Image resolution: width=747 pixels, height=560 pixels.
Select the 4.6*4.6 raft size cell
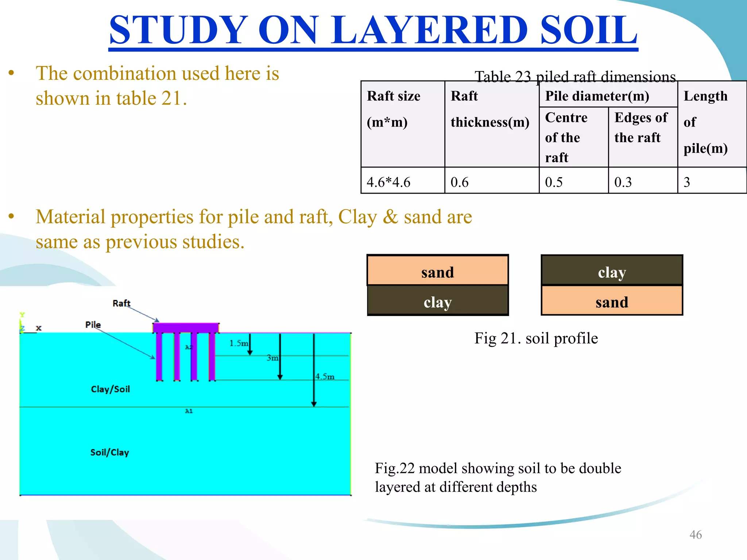coord(388,182)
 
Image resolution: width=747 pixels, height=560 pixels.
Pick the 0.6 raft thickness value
coord(459,182)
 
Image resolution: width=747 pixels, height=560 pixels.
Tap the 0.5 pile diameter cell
coord(554,182)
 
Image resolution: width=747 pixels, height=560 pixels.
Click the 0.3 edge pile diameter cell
coord(623,182)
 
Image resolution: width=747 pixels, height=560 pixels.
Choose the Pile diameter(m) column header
coord(597,96)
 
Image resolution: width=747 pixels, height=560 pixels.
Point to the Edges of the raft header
coord(641,127)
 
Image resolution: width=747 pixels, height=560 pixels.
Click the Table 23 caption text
coord(575,77)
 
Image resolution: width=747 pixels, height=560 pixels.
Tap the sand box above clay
coord(437,272)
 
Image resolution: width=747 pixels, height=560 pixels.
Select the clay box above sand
coord(612,272)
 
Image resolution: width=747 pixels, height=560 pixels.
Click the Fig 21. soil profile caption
coord(536,338)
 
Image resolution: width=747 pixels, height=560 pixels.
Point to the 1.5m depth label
coord(238,343)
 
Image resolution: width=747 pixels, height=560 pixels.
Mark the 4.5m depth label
coord(325,376)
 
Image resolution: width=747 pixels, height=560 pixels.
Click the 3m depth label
coord(272,358)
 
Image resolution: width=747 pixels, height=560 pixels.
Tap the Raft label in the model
coord(121,303)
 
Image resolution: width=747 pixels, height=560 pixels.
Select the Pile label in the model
coord(93,324)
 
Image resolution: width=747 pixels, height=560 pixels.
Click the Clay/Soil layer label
coord(110,389)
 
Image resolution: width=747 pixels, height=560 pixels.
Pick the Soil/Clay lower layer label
coord(109,452)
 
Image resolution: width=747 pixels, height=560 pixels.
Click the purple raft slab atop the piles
coord(186,327)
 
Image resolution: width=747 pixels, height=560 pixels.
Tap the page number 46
coord(695,534)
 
